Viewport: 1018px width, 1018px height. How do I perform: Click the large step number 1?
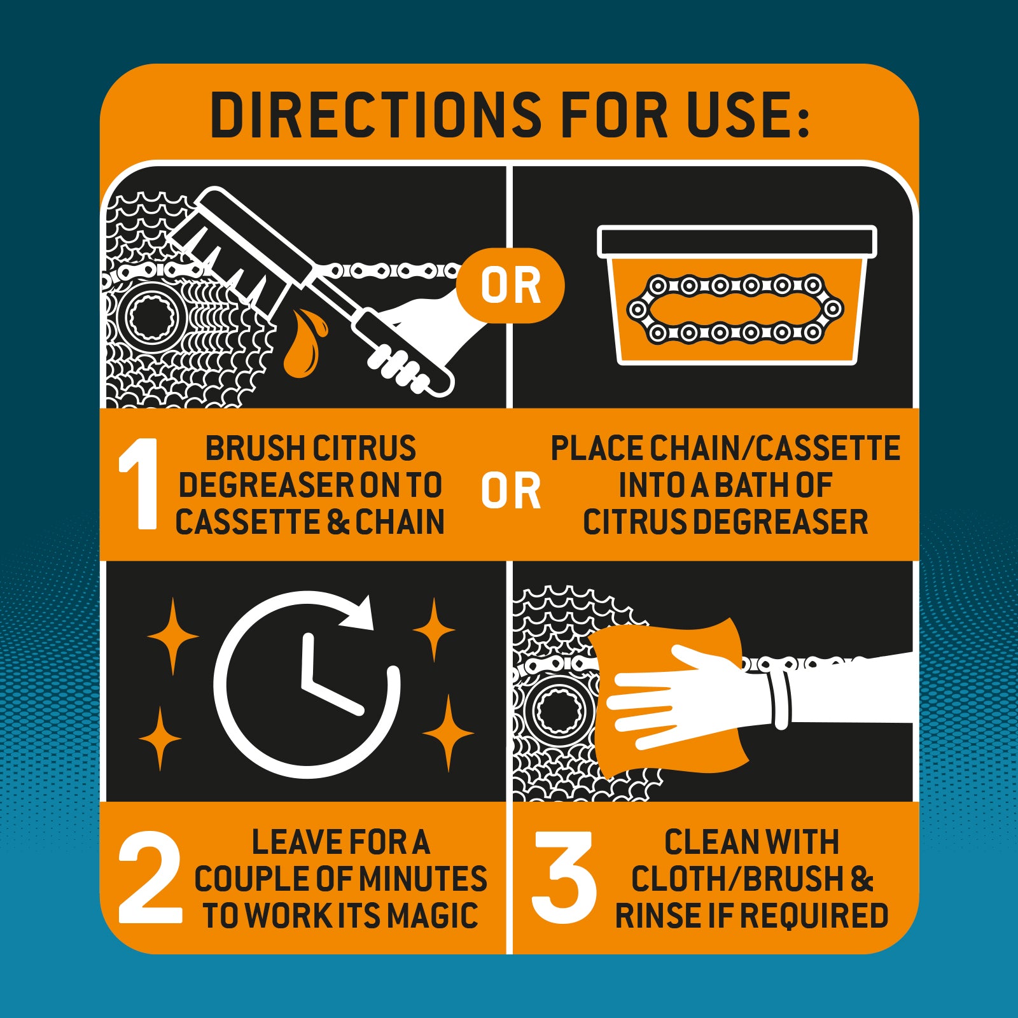coord(139,484)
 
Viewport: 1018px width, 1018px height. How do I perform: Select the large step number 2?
coord(150,878)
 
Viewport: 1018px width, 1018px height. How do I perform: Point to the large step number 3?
coord(564,878)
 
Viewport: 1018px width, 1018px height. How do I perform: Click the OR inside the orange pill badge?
coord(510,286)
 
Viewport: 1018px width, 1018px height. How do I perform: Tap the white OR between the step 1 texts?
coord(510,491)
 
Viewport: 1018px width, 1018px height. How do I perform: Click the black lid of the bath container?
coord(737,242)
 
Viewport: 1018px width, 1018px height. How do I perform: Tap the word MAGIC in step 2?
coord(433,916)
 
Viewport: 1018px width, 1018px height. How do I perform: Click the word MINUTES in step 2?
coord(422,879)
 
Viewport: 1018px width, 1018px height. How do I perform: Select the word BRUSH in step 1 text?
coord(250,448)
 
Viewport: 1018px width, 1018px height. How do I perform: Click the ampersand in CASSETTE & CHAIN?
coord(338,522)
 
